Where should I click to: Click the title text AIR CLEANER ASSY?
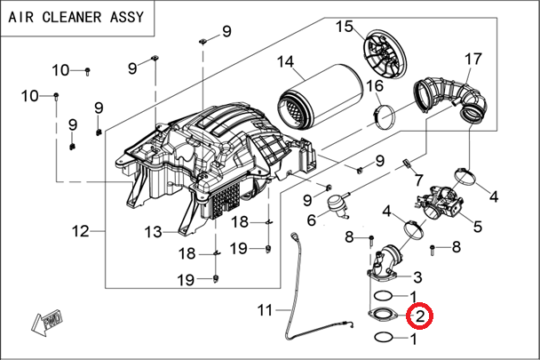[77, 15]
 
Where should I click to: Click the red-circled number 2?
[418, 315]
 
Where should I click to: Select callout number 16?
[374, 85]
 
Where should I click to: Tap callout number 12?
[82, 232]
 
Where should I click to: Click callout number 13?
[153, 232]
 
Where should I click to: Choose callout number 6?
[312, 220]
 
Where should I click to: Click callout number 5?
[477, 227]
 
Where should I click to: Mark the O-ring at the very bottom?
[383, 338]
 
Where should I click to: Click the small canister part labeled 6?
[337, 204]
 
